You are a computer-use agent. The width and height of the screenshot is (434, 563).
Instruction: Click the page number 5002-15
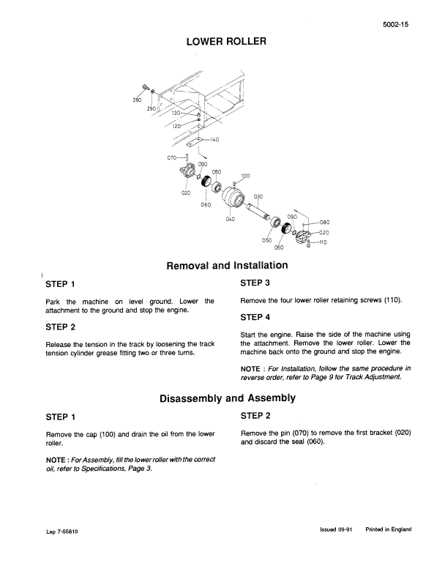pos(396,24)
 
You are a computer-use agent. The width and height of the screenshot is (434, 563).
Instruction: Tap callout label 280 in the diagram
pos(136,100)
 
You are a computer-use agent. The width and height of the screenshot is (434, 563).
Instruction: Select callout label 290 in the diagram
pos(151,108)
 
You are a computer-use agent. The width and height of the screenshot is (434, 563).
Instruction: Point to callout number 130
pos(176,113)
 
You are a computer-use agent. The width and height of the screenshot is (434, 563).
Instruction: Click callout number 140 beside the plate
pos(214,139)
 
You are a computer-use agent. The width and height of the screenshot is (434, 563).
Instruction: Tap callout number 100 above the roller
pos(244,176)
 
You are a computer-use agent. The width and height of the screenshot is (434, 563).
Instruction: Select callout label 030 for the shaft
pos(258,196)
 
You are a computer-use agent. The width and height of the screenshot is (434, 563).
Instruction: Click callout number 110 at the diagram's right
pos(321,242)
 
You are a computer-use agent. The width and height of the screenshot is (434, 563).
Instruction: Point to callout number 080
pos(325,222)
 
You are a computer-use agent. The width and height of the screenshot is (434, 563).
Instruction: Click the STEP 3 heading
pos(255,283)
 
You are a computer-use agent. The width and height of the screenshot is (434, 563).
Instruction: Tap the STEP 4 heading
pos(255,317)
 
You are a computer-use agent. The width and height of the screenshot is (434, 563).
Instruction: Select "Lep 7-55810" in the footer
pos(62,532)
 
